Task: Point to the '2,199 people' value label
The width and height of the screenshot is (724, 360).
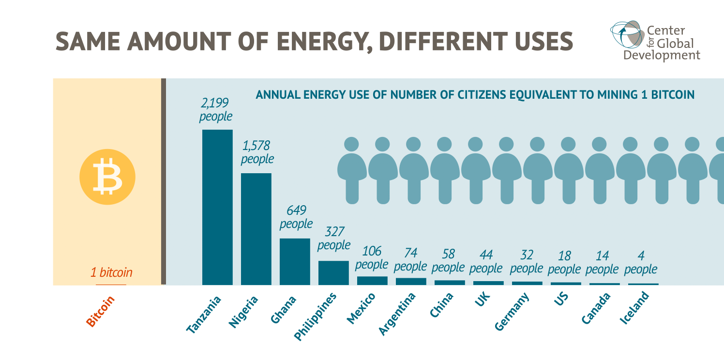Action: pos(216,110)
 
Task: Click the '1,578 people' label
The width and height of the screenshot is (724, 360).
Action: pos(257,152)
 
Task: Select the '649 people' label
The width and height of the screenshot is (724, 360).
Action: pos(296,217)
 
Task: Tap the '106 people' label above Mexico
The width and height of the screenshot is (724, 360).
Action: pos(372,258)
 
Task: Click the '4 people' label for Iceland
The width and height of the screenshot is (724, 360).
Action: pos(641,262)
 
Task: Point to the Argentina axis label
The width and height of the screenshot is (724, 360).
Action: pos(397,315)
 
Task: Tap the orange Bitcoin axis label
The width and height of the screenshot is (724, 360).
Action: pos(101,311)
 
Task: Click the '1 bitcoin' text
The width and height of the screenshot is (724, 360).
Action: pos(111,272)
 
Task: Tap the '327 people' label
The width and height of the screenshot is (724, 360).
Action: pos(333,239)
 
